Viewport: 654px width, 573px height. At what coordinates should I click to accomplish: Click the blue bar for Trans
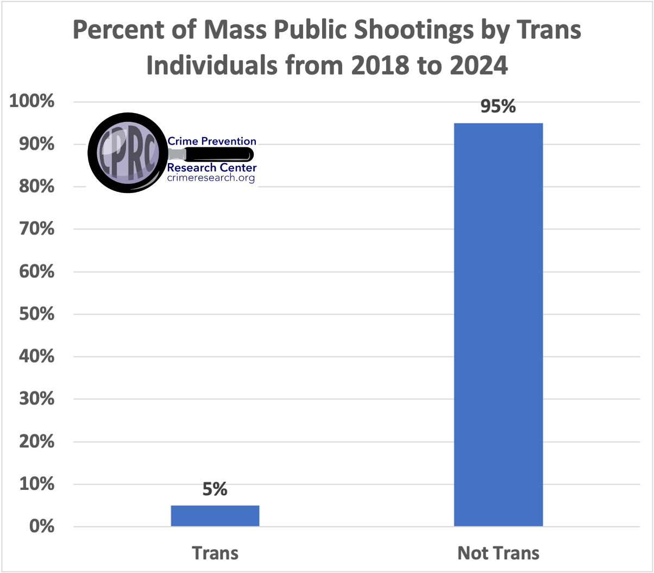(215, 515)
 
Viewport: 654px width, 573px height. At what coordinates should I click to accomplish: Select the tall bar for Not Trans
(498, 325)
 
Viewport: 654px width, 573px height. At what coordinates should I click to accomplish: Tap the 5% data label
(215, 489)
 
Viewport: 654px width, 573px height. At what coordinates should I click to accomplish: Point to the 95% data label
(498, 107)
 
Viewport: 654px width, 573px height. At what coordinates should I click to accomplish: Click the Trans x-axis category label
(215, 553)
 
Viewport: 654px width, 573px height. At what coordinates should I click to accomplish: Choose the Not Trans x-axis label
(498, 553)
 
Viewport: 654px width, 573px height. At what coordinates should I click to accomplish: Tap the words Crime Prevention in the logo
(212, 142)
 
